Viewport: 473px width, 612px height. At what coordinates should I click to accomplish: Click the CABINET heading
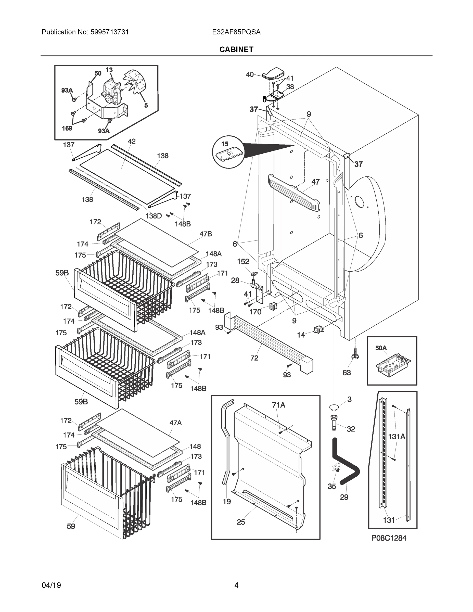pyautogui.click(x=236, y=50)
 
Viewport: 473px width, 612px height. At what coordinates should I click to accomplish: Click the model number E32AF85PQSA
pyautogui.click(x=236, y=32)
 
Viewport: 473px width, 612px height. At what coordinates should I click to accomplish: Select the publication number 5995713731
pyautogui.click(x=110, y=32)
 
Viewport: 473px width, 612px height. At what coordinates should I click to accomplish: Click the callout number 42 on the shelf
pyautogui.click(x=131, y=141)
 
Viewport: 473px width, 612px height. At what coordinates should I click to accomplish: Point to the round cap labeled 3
pyautogui.click(x=334, y=406)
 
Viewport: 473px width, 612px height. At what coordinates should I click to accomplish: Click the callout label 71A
pyautogui.click(x=278, y=405)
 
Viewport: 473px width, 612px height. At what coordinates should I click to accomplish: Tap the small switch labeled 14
pyautogui.click(x=318, y=330)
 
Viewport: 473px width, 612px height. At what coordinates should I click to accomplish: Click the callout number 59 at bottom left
pyautogui.click(x=71, y=526)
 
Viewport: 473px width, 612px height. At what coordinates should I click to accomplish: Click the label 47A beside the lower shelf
pyautogui.click(x=175, y=423)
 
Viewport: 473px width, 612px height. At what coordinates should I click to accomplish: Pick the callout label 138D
pyautogui.click(x=154, y=216)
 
